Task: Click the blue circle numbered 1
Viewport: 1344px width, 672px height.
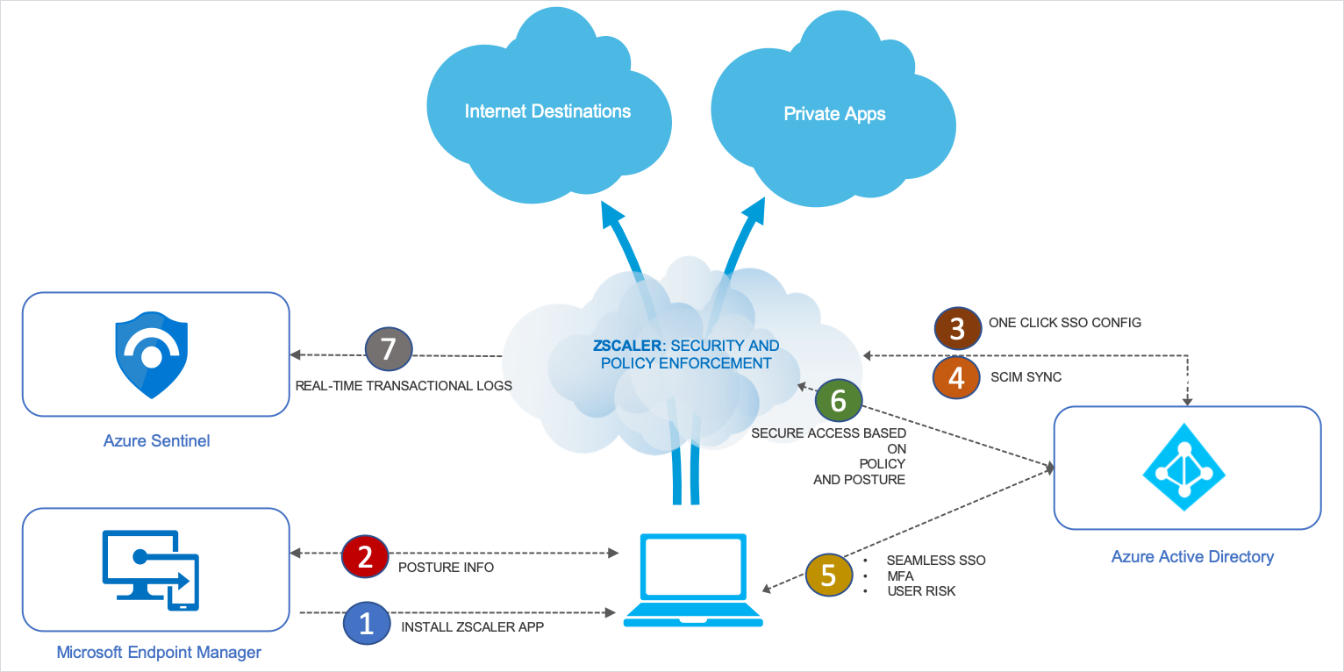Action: coord(367,623)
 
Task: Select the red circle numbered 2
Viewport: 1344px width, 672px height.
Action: coord(365,556)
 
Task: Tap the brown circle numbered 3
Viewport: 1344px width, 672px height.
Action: coord(957,329)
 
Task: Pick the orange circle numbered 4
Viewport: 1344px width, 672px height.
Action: coord(955,377)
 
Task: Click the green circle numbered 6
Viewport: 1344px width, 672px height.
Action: coord(838,400)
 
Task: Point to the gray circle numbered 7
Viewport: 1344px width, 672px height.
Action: coord(389,349)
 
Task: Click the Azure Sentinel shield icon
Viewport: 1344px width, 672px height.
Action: coord(153,354)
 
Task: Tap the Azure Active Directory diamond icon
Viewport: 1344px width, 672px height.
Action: coord(1183,467)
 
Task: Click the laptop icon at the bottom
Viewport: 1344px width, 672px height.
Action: coord(692,580)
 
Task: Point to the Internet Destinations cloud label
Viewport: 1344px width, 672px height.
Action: coord(547,111)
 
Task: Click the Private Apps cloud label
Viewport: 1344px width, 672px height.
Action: coord(833,114)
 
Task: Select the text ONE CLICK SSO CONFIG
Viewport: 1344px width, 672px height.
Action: coord(1064,323)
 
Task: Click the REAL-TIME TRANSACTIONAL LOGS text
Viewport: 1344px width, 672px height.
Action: coord(404,385)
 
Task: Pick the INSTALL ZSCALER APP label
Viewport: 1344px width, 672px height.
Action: coord(473,627)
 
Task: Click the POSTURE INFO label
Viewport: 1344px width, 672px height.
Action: coord(446,568)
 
